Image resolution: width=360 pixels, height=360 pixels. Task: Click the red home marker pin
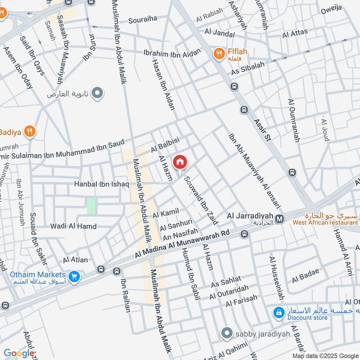180,162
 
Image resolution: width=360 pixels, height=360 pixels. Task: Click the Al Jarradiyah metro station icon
279,219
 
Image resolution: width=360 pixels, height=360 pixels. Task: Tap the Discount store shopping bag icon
279,312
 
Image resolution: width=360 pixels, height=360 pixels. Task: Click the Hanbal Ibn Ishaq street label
102,184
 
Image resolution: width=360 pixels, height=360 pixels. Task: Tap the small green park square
91,206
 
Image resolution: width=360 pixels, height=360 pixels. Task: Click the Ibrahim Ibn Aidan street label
171,53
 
